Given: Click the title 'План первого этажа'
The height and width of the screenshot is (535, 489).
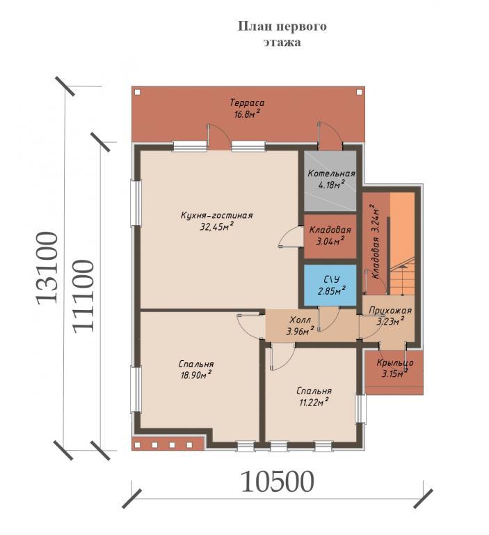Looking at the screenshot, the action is [282, 33].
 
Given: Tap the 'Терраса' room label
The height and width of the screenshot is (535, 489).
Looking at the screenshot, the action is [248, 102].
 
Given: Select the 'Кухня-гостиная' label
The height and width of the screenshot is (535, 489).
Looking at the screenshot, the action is [217, 216].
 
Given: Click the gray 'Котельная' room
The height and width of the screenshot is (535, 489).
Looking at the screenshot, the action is [330, 180].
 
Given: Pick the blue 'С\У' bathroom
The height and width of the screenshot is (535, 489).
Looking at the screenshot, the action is [330, 285].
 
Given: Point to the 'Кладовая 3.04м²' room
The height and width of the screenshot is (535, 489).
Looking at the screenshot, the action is [330, 235].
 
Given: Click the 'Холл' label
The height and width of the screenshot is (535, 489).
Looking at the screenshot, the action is [300, 320].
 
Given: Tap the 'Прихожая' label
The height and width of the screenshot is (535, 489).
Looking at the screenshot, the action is [390, 311].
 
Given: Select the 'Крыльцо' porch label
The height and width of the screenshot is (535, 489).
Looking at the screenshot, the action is [395, 363].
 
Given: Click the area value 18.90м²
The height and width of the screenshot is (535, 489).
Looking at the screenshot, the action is [197, 375].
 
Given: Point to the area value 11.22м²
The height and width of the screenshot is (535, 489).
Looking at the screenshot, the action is [314, 402].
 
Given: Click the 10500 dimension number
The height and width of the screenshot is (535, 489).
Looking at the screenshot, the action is [277, 482].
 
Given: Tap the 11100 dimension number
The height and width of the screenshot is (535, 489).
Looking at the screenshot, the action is [83, 296].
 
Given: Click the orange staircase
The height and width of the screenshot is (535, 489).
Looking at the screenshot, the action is [402, 244].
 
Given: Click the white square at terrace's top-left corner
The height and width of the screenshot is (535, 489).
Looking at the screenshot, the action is [137, 92].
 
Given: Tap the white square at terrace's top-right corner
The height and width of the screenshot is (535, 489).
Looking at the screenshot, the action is [359, 92].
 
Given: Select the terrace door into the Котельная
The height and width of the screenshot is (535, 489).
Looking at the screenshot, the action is [330, 136].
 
